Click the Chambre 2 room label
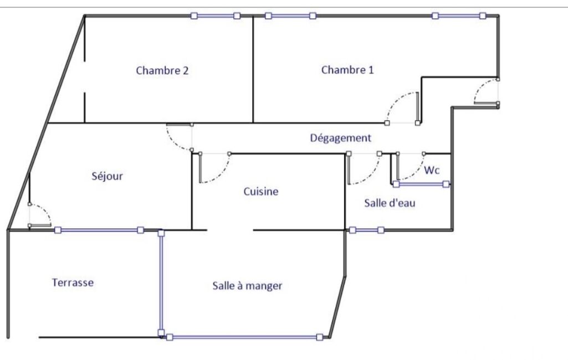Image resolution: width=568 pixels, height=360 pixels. click(162, 70)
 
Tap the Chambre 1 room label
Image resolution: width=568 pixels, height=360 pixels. click(347, 70)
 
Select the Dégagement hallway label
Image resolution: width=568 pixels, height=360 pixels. click(340, 138)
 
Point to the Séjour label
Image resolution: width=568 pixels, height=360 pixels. click(107, 176)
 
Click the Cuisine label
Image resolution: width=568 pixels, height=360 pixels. click(261, 191)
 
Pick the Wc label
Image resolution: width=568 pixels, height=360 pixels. click(432, 170)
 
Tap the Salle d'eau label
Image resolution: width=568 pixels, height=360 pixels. click(390, 203)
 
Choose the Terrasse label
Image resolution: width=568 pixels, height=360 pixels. click(73, 282)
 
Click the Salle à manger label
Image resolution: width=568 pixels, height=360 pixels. click(247, 286)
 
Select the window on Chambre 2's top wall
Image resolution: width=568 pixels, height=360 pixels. click(216, 16)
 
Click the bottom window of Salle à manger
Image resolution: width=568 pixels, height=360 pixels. click(244, 337)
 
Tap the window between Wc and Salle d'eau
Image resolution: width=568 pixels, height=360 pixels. click(421, 184)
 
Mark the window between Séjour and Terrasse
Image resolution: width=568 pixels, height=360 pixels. click(99, 230)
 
